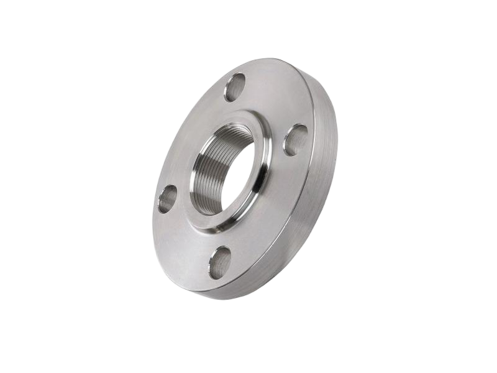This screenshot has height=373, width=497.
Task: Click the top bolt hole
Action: coord(235,87)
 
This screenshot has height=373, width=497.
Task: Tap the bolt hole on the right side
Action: coord(295,140)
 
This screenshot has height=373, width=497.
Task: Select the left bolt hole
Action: coord(167,199)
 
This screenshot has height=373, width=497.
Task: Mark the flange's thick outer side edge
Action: coord(323,186)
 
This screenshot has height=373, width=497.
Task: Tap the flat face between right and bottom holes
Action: coord(273,218)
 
